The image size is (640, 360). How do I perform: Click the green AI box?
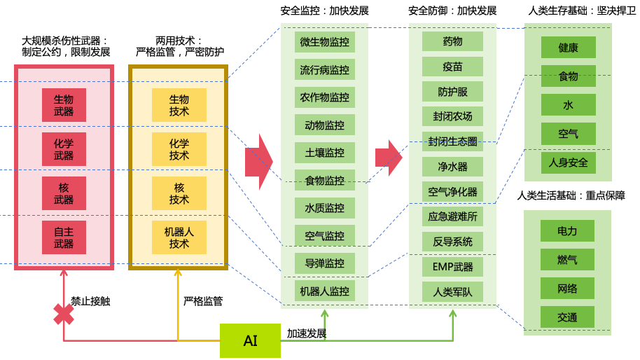pos(250,340)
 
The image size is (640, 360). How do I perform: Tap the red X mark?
pos(64,314)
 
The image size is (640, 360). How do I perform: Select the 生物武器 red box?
pos(64,105)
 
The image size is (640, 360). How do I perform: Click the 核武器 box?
pos(64,193)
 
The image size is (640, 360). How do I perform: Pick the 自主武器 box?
pos(64,237)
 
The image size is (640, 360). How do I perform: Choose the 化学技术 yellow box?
pos(179,149)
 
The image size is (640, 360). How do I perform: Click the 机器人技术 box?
pos(179,237)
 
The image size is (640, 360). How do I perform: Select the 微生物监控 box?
pos(324,42)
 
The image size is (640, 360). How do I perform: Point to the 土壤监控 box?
pos(324,153)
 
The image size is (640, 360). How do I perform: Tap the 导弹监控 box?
pos(324,263)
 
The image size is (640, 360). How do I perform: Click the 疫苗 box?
pos(452,67)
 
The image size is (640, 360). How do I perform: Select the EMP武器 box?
pos(452,267)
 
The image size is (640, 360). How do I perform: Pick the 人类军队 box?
pos(452,291)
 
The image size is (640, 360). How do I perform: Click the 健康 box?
pos(568,47)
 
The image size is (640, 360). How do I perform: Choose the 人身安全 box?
pos(568,162)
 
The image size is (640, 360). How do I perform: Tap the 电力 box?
pos(567,230)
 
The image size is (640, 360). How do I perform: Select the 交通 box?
pos(567,317)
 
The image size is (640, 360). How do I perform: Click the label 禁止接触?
pos(90,301)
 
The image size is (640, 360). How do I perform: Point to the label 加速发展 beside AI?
pos(307,333)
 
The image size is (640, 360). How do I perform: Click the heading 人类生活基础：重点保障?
pos(571,195)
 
